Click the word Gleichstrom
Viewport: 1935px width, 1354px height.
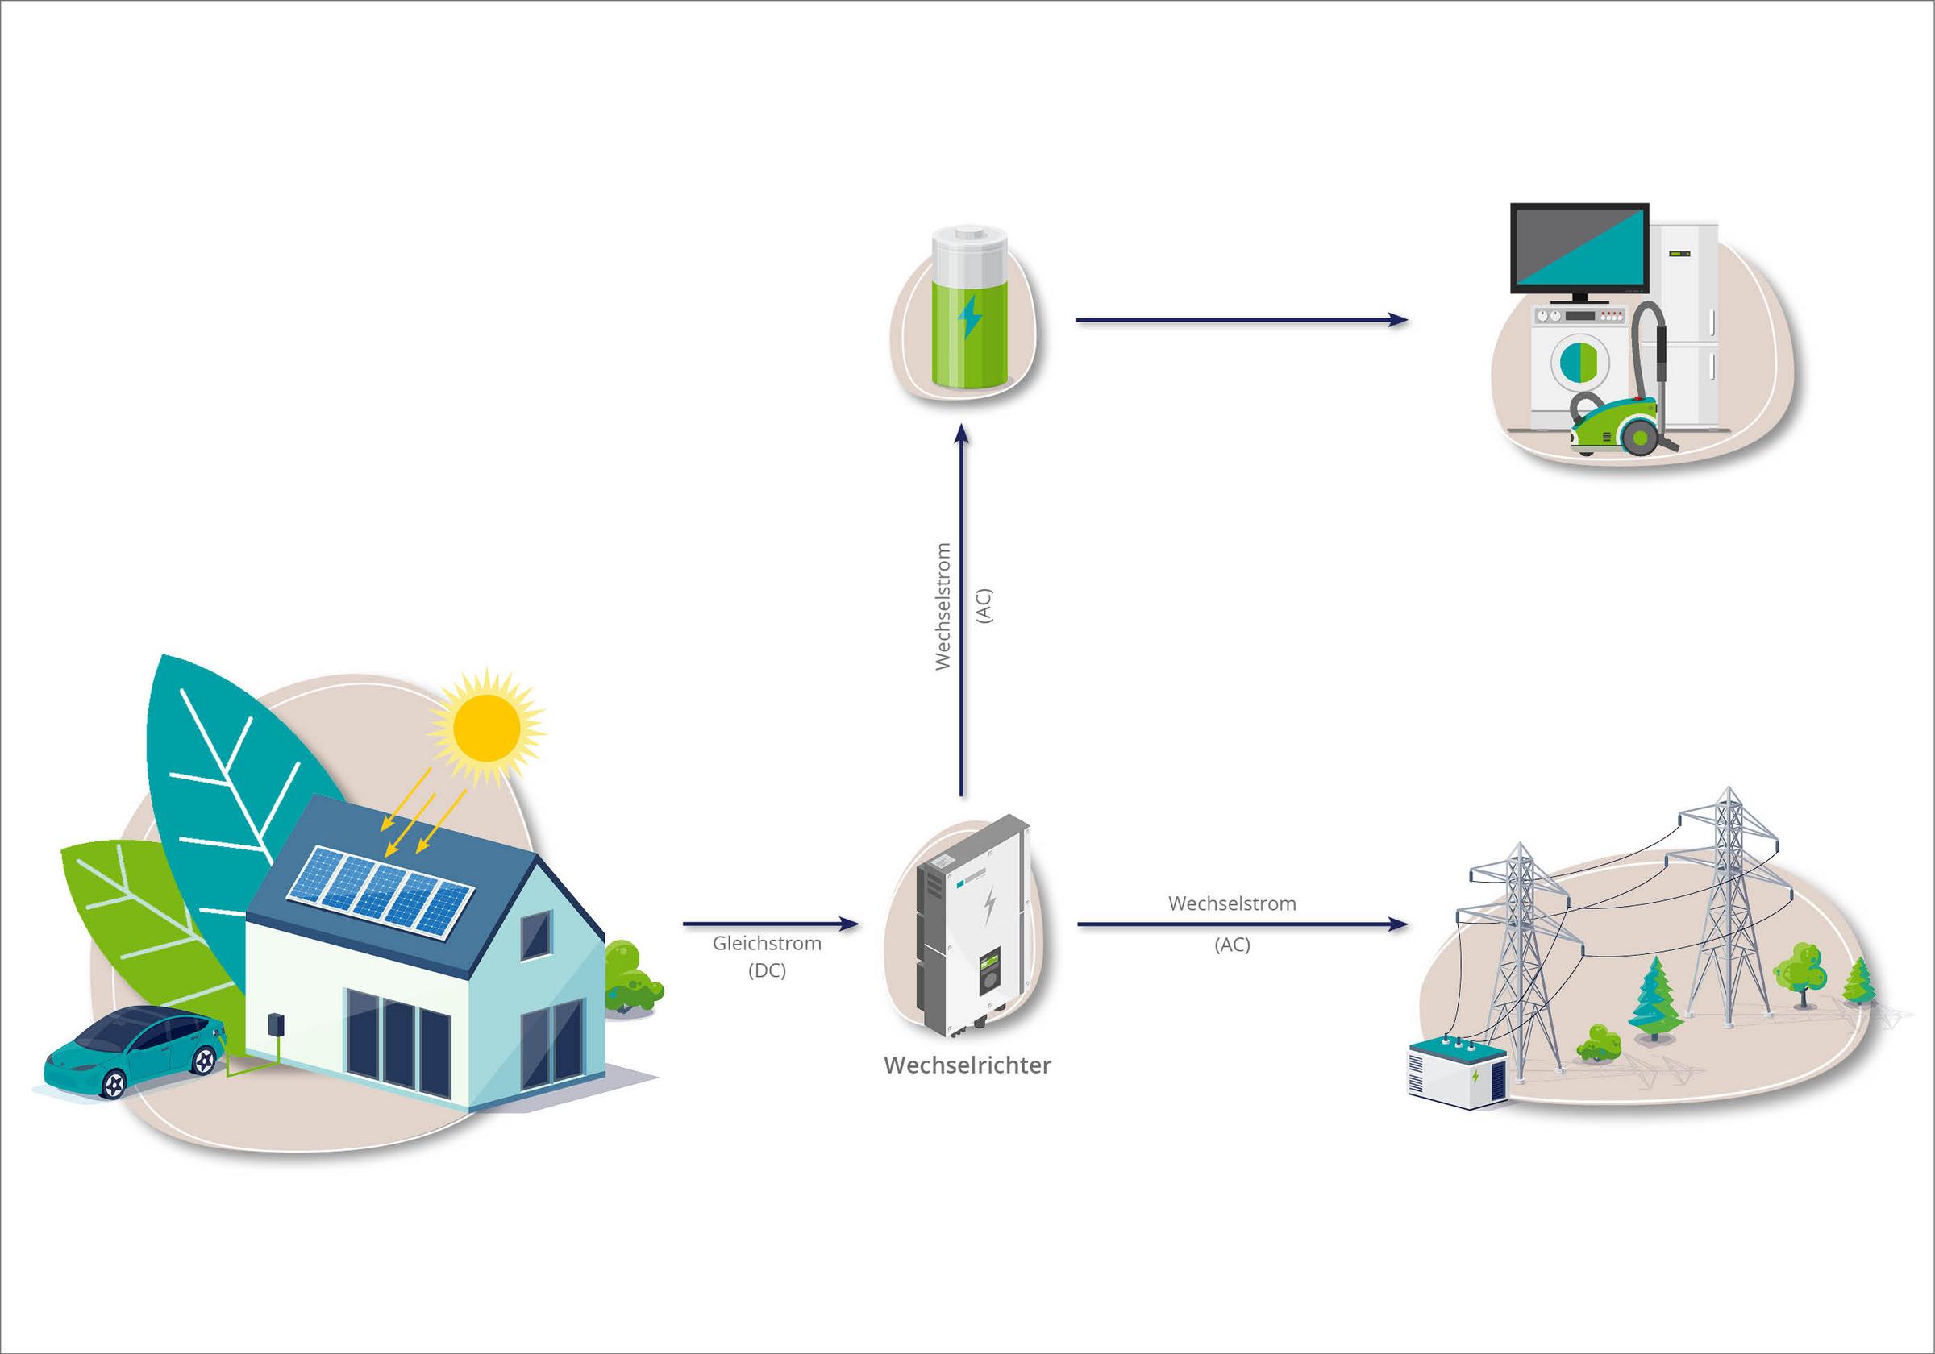767,944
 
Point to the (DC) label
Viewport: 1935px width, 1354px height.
767,970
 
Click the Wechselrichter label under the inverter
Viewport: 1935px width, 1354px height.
967,1065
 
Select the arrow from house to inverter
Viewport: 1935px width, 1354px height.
770,924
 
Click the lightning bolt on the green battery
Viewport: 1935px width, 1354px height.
970,316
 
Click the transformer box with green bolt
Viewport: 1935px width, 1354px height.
1457,1074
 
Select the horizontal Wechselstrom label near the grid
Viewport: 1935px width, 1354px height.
1232,904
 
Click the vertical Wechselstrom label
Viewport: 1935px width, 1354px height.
943,606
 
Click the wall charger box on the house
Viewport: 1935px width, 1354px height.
275,1024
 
